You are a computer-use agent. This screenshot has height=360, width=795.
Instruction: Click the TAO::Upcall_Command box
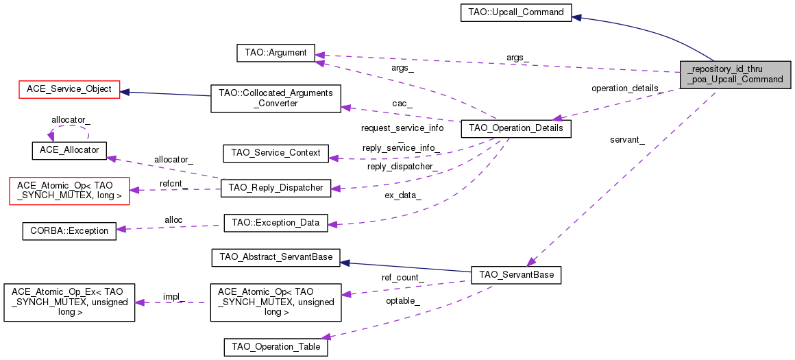pyautogui.click(x=516, y=12)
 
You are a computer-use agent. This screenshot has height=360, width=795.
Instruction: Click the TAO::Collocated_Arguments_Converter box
pyautogui.click(x=276, y=98)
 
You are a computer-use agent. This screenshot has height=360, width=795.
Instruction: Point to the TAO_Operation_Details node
pyautogui.click(x=516, y=129)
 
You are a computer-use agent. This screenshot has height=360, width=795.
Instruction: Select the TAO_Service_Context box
pyautogui.click(x=276, y=153)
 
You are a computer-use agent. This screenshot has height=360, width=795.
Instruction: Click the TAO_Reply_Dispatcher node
pyautogui.click(x=276, y=188)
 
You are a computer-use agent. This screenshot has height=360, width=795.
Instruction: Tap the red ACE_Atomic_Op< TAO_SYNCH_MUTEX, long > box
pyautogui.click(x=69, y=191)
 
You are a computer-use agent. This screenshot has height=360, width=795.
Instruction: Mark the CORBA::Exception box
pyautogui.click(x=69, y=230)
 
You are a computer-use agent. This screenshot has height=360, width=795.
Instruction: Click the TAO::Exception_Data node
pyautogui.click(x=276, y=223)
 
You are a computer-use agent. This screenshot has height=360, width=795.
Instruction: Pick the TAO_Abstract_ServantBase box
pyautogui.click(x=276, y=258)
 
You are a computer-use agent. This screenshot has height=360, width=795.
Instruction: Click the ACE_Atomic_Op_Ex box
pyautogui.click(x=69, y=302)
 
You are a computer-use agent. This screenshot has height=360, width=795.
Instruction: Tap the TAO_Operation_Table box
pyautogui.click(x=276, y=347)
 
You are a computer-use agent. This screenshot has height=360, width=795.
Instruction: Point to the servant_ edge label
pyautogui.click(x=628, y=139)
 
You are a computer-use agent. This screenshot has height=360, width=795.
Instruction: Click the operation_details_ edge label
pyautogui.click(x=628, y=88)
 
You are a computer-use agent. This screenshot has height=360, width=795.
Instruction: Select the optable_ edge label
pyautogui.click(x=403, y=300)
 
